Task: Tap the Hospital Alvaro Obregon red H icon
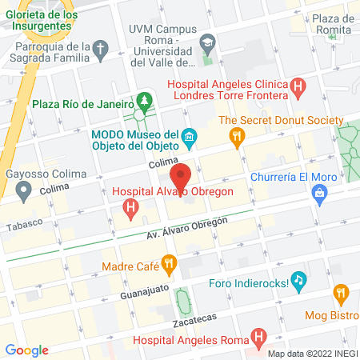click(x=130, y=209)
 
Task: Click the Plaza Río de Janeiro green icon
click(x=144, y=102)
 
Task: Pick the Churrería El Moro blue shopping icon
click(x=320, y=193)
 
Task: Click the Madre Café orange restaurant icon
click(x=168, y=262)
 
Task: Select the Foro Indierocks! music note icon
click(x=298, y=280)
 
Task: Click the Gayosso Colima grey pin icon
click(x=24, y=190)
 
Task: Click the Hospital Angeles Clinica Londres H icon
click(x=298, y=85)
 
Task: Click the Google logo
click(x=26, y=350)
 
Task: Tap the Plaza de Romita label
click(x=333, y=24)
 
